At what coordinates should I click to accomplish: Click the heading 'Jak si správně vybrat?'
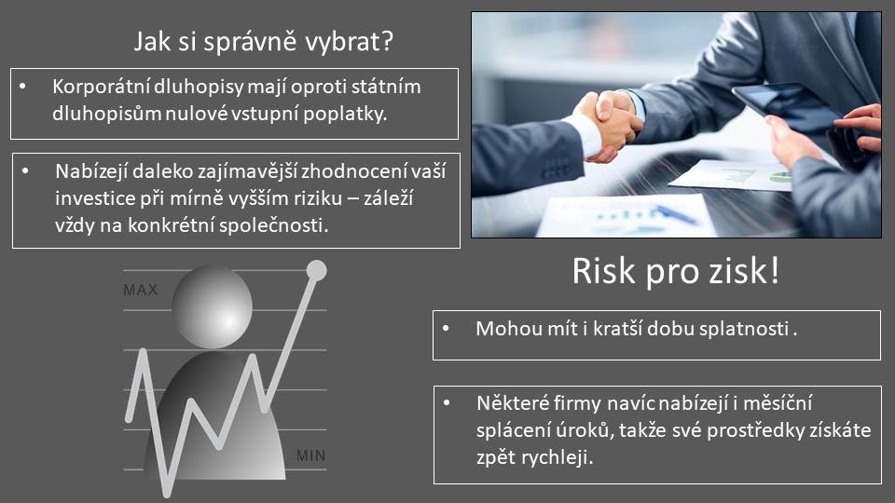pyautogui.click(x=263, y=42)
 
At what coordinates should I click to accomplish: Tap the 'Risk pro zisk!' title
pyautogui.click(x=676, y=270)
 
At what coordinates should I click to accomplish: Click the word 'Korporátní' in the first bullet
pyautogui.click(x=101, y=87)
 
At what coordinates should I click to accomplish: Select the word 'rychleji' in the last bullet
pyautogui.click(x=561, y=457)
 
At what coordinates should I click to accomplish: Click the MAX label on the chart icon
pyautogui.click(x=141, y=290)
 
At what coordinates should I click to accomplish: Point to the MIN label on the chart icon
pyautogui.click(x=311, y=455)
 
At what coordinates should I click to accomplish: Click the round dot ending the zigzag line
pyautogui.click(x=316, y=270)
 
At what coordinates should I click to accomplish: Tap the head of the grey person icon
pyautogui.click(x=213, y=308)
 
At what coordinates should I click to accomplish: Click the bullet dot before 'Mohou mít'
pyautogui.click(x=446, y=329)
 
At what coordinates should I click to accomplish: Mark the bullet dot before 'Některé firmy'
pyautogui.click(x=447, y=403)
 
